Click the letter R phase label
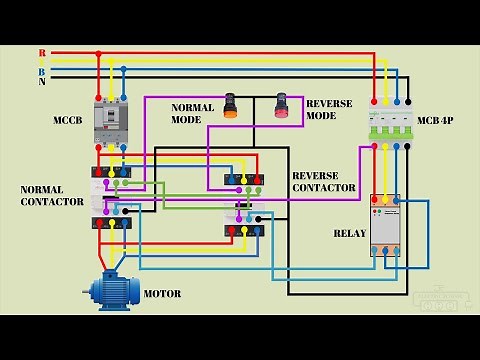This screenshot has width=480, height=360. click(x=42, y=52)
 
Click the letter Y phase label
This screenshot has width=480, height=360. click(x=42, y=62)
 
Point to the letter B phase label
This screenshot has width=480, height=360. click(x=42, y=72)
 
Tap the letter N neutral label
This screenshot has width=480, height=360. click(x=42, y=82)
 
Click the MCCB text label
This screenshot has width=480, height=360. click(x=68, y=121)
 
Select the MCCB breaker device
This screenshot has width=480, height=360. click(x=112, y=126)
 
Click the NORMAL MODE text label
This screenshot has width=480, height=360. click(x=193, y=112)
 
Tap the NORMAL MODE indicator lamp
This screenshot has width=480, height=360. click(x=231, y=106)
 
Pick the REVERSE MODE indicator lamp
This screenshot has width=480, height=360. click(x=281, y=106)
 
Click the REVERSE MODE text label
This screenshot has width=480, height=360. click(x=322, y=109)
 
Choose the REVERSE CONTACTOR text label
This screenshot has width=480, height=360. click(x=324, y=181)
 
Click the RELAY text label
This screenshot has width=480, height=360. click(x=351, y=233)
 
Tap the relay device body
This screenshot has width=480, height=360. click(x=385, y=225)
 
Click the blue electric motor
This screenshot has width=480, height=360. click(x=112, y=291)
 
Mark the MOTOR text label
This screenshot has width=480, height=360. click(x=163, y=294)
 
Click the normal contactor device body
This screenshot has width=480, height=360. click(x=111, y=197)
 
